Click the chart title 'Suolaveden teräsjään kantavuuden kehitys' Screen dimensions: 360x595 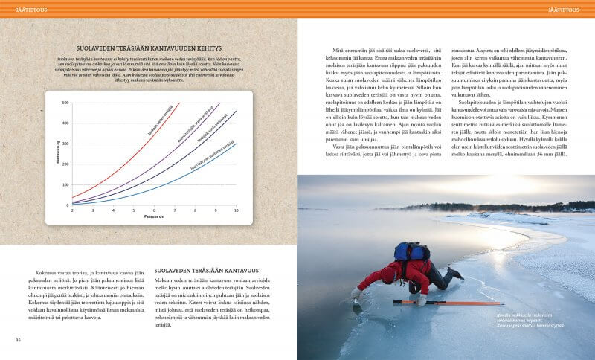tap(149, 46)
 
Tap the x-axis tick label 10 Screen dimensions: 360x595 tap(236, 211)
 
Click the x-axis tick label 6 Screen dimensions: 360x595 tap(154, 211)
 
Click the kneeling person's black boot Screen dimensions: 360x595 tap(455, 273)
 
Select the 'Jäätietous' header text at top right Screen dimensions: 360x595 tap(568, 8)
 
